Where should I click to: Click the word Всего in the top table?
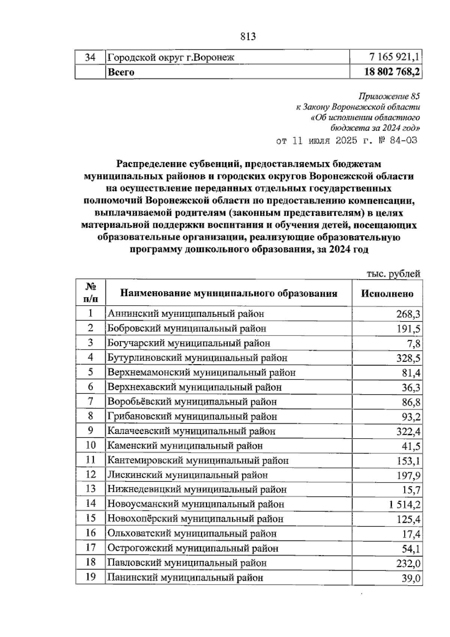click(121, 72)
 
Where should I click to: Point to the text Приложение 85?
click(389, 96)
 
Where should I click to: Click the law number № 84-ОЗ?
click(398, 141)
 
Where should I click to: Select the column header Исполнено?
click(387, 293)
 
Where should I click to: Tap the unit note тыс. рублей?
click(393, 274)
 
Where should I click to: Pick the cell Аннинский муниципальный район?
click(186, 313)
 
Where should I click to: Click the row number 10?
click(90, 445)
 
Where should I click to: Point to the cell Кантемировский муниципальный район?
click(198, 460)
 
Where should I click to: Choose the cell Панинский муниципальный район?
click(185, 577)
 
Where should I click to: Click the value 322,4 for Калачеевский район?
click(408, 431)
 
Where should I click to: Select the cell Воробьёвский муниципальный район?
click(192, 402)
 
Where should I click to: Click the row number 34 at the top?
click(90, 57)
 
